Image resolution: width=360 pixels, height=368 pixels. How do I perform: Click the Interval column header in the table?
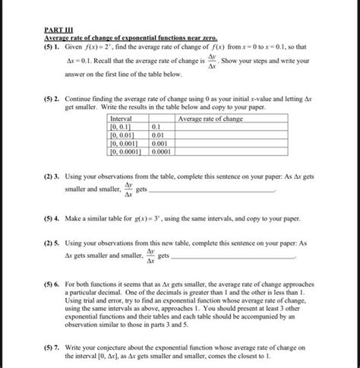(x=122, y=119)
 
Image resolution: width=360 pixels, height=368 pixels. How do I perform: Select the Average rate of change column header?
(x=210, y=119)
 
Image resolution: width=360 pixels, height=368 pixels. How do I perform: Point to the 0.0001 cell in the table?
(x=162, y=151)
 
